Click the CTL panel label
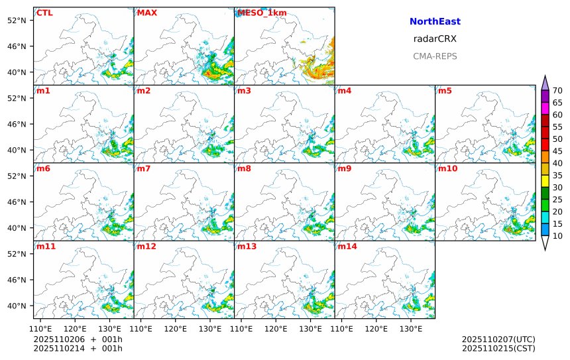coord(44,13)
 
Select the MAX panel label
coord(146,13)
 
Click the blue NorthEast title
coord(435,22)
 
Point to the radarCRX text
coord(435,39)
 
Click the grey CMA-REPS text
coord(435,56)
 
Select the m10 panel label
coord(447,168)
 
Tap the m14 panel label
coord(347,246)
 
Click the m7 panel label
coord(144,168)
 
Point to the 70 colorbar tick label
coord(557,91)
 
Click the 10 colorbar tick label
coord(557,236)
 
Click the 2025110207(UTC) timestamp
coord(498,339)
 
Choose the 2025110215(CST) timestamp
coord(498,348)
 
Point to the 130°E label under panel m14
coord(410,328)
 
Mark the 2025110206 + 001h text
coord(78,339)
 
